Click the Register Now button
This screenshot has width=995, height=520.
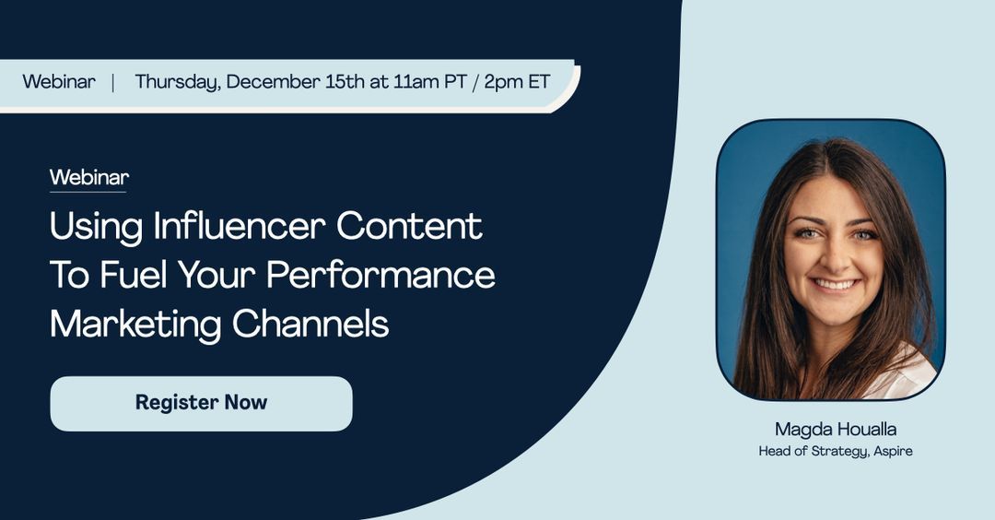pos(201,403)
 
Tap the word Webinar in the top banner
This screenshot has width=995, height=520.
pos(59,81)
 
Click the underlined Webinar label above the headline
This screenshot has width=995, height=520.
pos(88,177)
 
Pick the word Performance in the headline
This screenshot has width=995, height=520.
pos(389,275)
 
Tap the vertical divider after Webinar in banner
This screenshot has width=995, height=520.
pos(113,81)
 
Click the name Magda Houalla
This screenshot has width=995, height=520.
pos(836,429)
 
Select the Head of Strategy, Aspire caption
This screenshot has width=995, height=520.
pos(836,451)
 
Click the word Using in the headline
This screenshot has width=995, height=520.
pos(97,226)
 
